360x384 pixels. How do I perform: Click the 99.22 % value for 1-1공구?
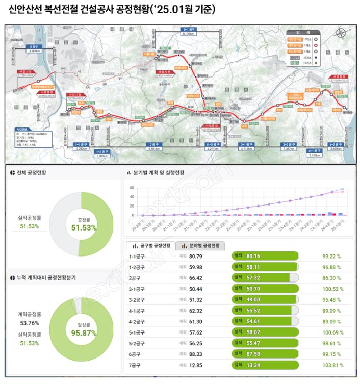(332, 256)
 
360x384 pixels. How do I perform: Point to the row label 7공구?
(135, 365)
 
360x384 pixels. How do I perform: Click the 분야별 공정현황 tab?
(201, 245)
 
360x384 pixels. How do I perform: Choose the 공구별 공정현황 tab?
(150, 245)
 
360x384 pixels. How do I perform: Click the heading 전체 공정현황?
(37, 173)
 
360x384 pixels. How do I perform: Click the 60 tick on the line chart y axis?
(132, 188)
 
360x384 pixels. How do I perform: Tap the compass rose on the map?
(340, 34)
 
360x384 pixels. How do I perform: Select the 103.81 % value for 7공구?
(332, 365)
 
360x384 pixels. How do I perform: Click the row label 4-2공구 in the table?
(137, 321)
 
